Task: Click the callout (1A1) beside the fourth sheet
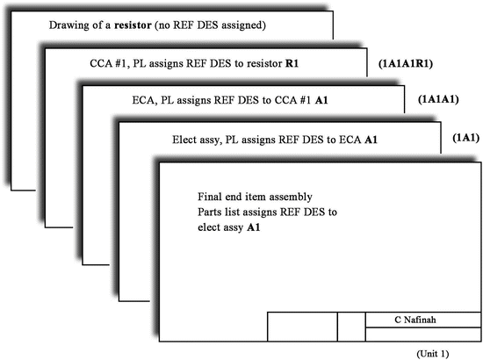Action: pos(465,138)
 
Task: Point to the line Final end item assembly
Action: pos(255,196)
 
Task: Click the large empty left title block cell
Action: pos(302,326)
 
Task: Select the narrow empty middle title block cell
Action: pos(351,326)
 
